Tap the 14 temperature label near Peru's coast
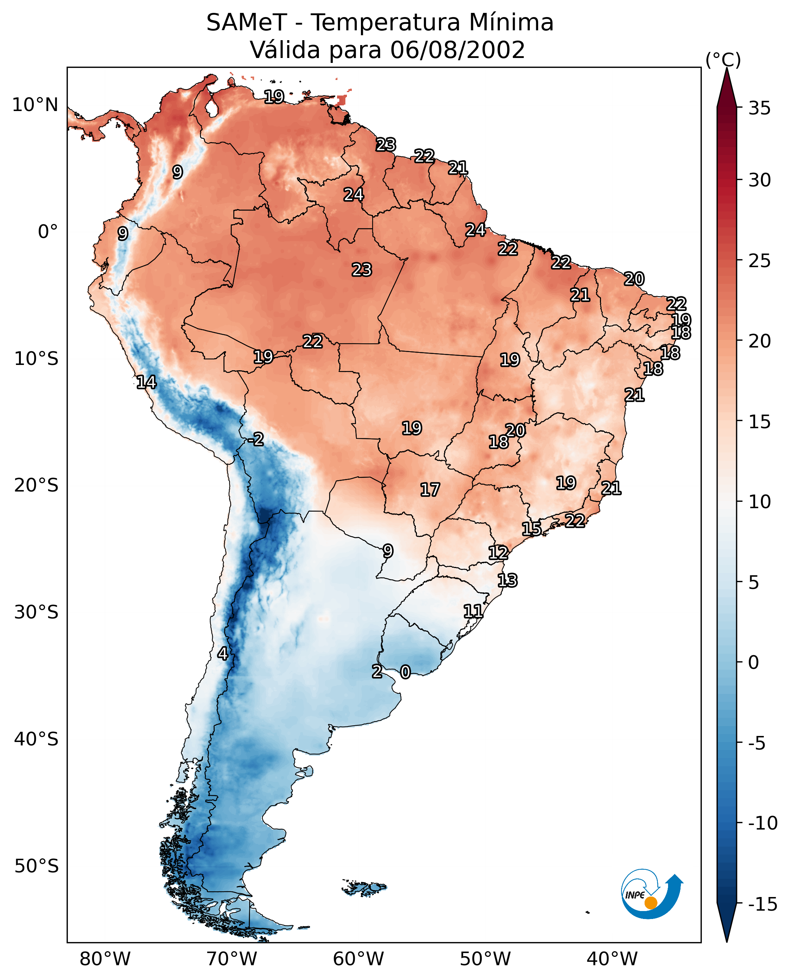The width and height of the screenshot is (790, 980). click(x=146, y=382)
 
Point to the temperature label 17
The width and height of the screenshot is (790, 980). click(x=429, y=490)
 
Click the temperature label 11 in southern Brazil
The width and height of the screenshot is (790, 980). click(x=473, y=611)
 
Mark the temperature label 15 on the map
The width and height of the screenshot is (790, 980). click(x=531, y=529)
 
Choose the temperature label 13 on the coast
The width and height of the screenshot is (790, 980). click(x=507, y=581)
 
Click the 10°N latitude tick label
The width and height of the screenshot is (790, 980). click(x=35, y=105)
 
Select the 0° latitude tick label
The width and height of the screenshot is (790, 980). click(x=48, y=232)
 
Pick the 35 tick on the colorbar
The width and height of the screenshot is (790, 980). click(x=759, y=108)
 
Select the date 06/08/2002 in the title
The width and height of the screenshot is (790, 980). click(x=457, y=50)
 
